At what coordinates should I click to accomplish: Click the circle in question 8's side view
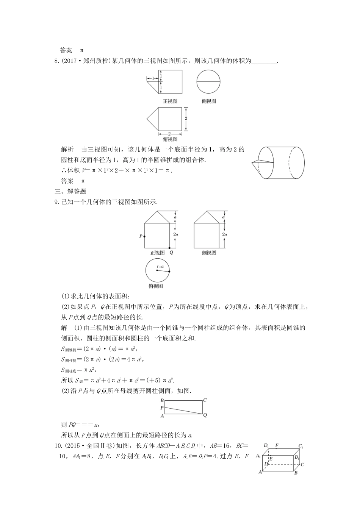coord(208,82)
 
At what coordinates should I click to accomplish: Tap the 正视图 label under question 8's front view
coord(170,101)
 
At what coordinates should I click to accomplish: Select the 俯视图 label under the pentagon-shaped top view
coord(170,139)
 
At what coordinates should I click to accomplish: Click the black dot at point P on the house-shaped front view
coord(145,236)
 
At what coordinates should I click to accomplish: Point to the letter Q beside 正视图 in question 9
coord(171,253)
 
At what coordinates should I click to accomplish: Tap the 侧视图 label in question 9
coord(209,253)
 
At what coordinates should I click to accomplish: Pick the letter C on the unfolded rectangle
coord(205,400)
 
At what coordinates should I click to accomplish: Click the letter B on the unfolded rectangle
coord(162,400)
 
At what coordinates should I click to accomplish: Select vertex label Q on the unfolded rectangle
coord(205,415)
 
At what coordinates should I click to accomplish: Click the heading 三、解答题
coord(70,192)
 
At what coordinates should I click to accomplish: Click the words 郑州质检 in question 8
coord(95,61)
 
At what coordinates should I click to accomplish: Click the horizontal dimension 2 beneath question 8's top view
coord(169,134)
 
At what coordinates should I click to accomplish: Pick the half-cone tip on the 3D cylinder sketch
coord(252,163)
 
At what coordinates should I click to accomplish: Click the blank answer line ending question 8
coord(264,61)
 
